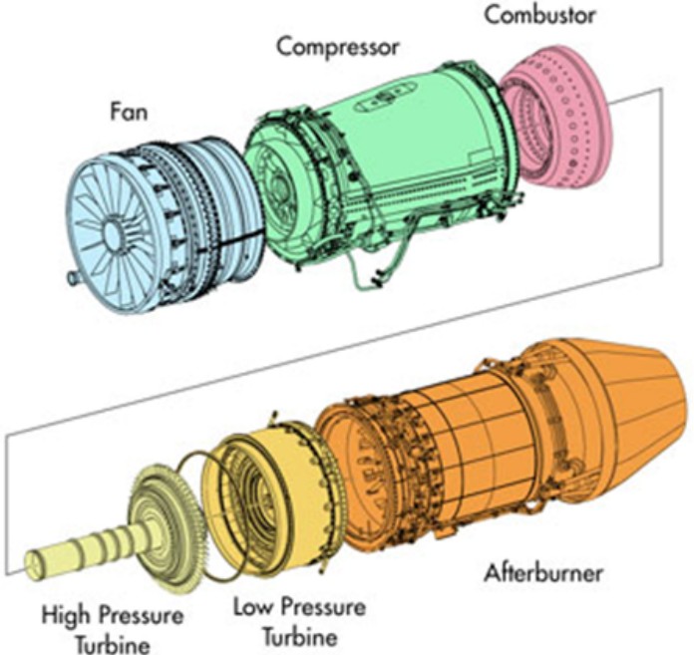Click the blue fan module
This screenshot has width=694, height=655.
click(150, 219)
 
